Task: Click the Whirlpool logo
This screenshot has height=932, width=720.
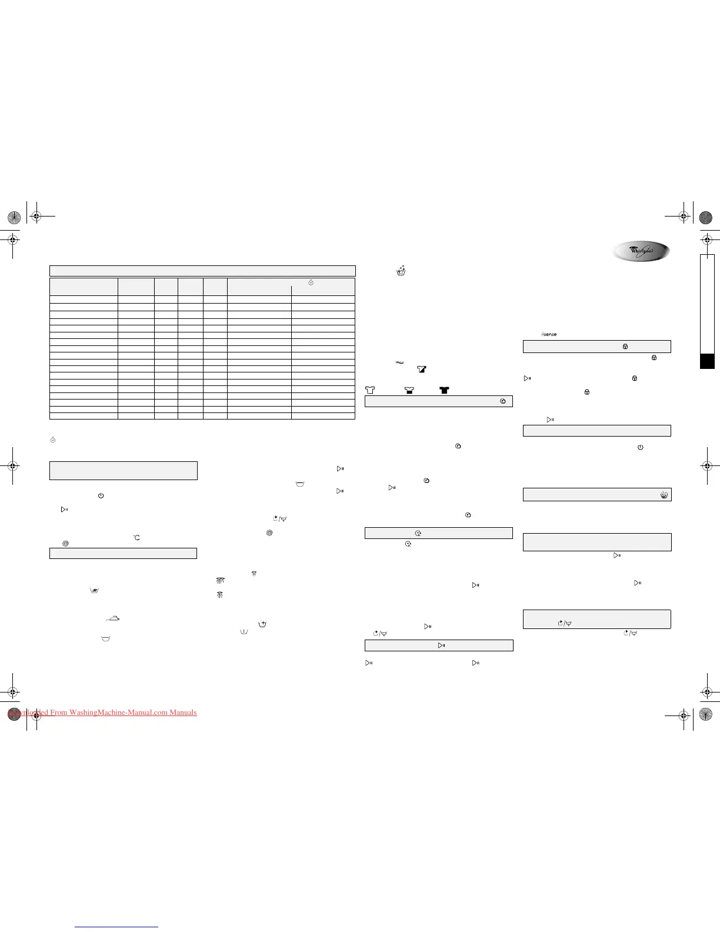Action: (x=641, y=251)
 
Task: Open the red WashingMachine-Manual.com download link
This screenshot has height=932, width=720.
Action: (x=102, y=713)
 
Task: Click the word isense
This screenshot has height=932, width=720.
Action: (x=549, y=334)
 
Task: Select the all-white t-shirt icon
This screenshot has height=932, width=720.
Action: (x=370, y=390)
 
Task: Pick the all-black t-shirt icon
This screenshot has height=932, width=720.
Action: (x=444, y=390)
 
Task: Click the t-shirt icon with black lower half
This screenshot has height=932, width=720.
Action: (x=409, y=390)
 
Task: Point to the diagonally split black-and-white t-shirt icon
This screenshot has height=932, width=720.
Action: (x=421, y=370)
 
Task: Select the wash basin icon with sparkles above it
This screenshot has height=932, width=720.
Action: (x=401, y=270)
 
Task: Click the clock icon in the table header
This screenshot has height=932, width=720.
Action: (x=311, y=283)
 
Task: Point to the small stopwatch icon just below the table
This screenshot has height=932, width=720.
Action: (x=53, y=440)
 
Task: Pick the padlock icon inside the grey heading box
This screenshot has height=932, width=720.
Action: (x=625, y=347)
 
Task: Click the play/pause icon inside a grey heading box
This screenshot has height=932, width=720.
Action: (x=442, y=645)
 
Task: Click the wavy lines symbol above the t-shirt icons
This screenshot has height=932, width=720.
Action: (x=399, y=362)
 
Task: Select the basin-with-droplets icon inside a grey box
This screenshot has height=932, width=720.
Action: (x=664, y=495)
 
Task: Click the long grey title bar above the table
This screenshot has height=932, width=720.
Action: (x=202, y=271)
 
